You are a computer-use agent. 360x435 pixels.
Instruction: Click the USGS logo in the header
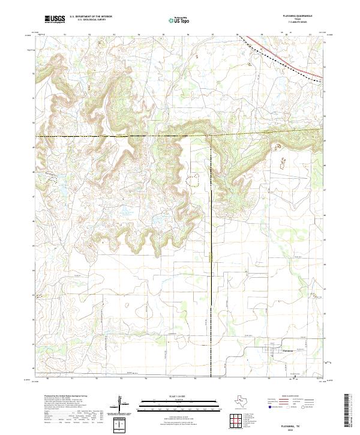pyautogui.click(x=55, y=20)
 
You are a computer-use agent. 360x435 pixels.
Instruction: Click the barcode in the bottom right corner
pyautogui.click(x=350, y=409)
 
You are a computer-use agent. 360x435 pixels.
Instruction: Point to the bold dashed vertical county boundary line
pyautogui.click(x=211, y=252)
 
